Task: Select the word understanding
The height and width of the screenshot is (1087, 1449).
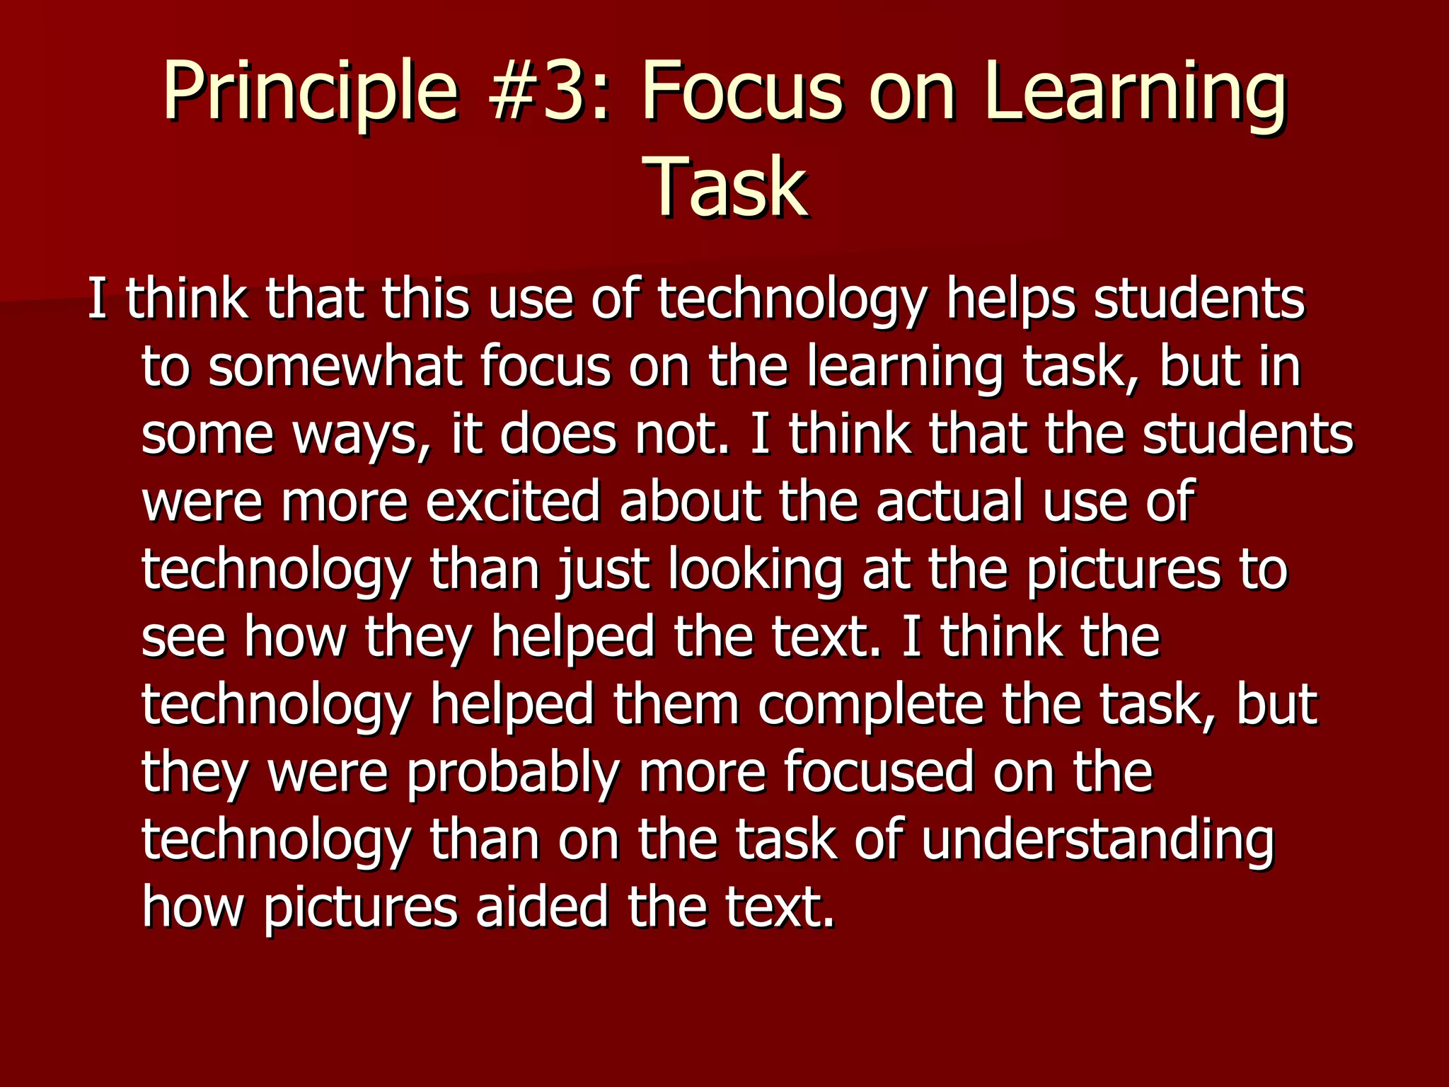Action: click(x=1097, y=841)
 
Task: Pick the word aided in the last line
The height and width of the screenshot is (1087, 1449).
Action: click(x=542, y=907)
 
